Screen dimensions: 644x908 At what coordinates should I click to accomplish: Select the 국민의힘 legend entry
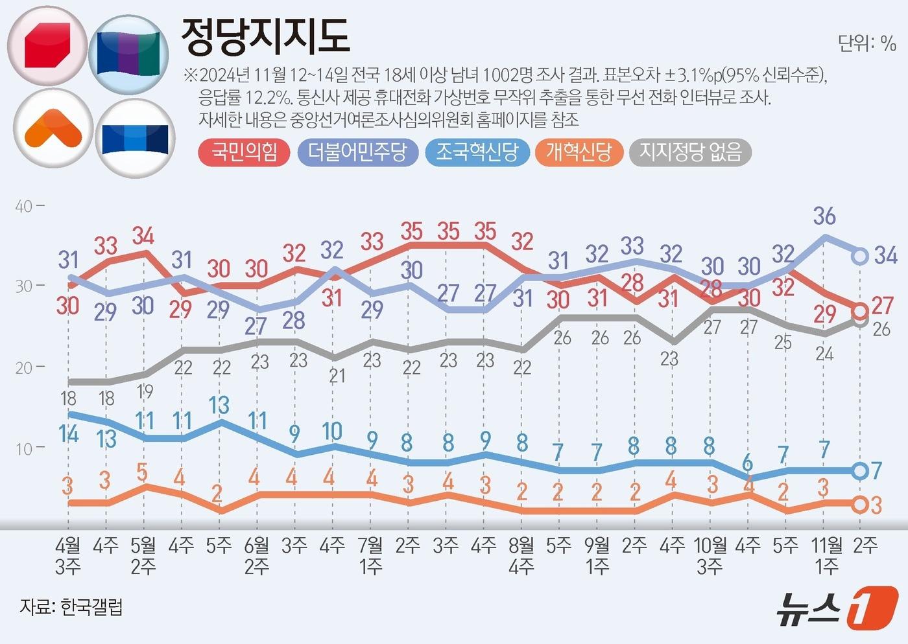point(244,153)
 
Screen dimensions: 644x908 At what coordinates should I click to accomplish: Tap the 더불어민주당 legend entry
point(357,153)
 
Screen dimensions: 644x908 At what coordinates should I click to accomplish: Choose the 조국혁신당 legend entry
point(477,153)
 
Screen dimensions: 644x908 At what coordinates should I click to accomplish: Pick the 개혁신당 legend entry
point(579,153)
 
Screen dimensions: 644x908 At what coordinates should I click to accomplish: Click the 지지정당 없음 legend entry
point(690,153)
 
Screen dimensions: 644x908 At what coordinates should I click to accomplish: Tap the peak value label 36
point(824,216)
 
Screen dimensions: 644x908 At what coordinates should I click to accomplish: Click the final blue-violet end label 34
point(885,255)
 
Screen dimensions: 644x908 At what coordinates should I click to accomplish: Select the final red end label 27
point(883,305)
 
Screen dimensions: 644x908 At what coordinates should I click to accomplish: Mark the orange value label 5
point(143,472)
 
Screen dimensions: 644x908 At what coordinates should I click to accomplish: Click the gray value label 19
point(145,391)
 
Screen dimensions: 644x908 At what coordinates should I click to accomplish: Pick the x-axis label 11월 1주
point(827,555)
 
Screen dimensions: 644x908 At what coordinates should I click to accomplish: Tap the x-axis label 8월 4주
point(521,555)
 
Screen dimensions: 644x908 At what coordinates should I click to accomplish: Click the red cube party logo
point(47,47)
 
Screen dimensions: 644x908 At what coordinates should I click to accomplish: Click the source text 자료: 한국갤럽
point(71,607)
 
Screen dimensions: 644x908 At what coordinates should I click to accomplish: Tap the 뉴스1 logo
point(837,607)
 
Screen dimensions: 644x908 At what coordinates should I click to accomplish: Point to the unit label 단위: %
point(866,43)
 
